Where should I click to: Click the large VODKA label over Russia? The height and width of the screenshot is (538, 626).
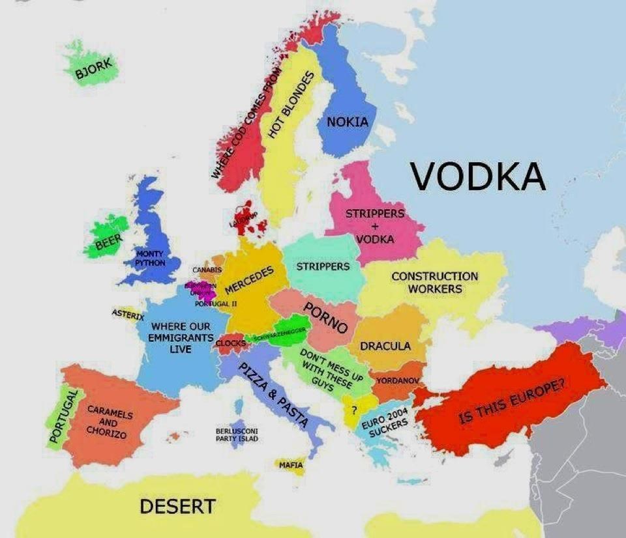[477, 175]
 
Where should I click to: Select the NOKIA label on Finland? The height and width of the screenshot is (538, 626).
[347, 122]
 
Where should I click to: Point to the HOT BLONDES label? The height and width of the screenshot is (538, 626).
[291, 104]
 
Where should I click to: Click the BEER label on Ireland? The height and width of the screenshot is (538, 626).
[109, 242]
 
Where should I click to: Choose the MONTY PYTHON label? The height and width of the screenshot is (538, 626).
[149, 258]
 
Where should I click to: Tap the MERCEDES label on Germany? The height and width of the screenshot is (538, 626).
[249, 280]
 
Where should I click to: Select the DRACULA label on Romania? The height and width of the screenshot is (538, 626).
[385, 346]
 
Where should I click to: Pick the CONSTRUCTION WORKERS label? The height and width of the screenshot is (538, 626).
[434, 282]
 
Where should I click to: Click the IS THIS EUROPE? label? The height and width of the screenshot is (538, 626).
[511, 401]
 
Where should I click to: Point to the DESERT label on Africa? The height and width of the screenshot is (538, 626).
[177, 505]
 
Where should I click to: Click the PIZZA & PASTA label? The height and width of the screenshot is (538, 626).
[273, 395]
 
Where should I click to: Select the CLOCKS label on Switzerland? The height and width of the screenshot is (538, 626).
[230, 343]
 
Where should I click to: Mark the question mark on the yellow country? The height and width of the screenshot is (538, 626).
[353, 410]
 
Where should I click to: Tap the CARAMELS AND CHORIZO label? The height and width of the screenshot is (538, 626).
[110, 422]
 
